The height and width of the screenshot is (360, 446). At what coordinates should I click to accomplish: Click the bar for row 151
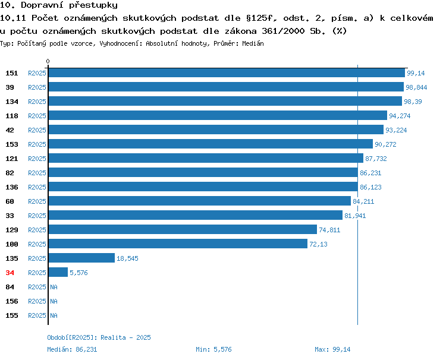(227, 73)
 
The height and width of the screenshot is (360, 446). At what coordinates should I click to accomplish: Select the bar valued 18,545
(81, 258)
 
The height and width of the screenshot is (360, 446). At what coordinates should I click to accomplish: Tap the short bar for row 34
(58, 272)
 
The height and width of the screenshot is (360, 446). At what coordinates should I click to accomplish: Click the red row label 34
(10, 273)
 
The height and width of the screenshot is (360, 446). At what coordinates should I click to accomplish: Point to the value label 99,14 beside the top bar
(416, 73)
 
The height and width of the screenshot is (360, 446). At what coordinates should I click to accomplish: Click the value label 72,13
(318, 244)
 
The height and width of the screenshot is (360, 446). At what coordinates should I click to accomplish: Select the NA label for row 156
(54, 301)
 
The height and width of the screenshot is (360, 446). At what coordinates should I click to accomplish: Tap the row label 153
(12, 144)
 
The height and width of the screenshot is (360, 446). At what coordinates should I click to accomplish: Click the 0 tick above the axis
(48, 61)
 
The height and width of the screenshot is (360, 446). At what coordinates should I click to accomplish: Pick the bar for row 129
(183, 229)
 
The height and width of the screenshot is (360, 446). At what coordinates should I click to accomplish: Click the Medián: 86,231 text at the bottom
(72, 349)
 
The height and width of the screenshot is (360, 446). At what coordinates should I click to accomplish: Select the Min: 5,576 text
(213, 349)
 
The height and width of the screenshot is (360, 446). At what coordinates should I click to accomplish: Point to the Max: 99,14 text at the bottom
(332, 349)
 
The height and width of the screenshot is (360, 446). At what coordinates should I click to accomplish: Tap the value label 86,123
(370, 187)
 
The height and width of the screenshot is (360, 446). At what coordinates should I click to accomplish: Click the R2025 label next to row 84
(37, 287)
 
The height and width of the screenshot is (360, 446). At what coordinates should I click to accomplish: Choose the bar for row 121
(206, 158)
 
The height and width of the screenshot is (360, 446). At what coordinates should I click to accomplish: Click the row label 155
(12, 315)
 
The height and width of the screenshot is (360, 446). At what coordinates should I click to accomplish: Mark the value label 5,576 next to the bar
(78, 273)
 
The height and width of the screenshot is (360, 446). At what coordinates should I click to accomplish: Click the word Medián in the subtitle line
(253, 43)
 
